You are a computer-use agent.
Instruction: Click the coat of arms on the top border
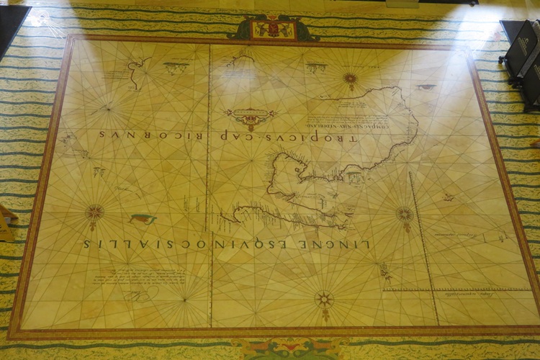pos(273,28)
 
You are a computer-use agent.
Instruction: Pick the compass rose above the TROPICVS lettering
pos(351,78)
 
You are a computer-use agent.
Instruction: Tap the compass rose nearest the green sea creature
pos(94,212)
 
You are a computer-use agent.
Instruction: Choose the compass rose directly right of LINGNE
pos(405,214)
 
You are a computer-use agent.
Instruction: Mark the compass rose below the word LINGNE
pos(325,299)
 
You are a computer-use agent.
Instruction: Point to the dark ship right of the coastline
pos(426,87)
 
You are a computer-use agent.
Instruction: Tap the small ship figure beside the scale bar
pos(386,271)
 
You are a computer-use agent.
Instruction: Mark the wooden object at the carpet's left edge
pos(6,223)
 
